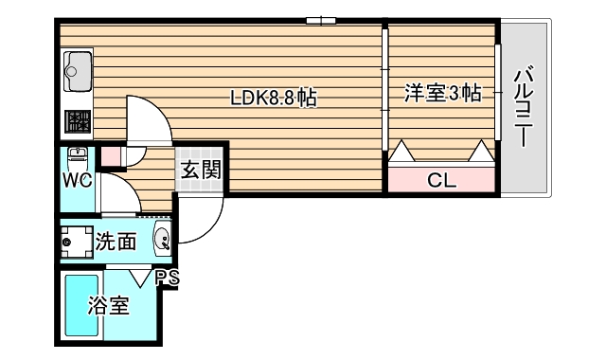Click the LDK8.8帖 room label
tap(274, 96)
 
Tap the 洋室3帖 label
tap(441, 93)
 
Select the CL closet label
tap(441, 179)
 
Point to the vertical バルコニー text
tap(523, 105)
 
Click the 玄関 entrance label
tap(201, 171)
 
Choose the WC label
tap(78, 180)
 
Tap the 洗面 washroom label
tap(116, 242)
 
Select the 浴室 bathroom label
tap(108, 306)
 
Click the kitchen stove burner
tap(77, 121)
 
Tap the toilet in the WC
tap(78, 156)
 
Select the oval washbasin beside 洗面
tap(163, 241)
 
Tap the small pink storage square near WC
tap(111, 155)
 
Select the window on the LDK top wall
tap(321, 20)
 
